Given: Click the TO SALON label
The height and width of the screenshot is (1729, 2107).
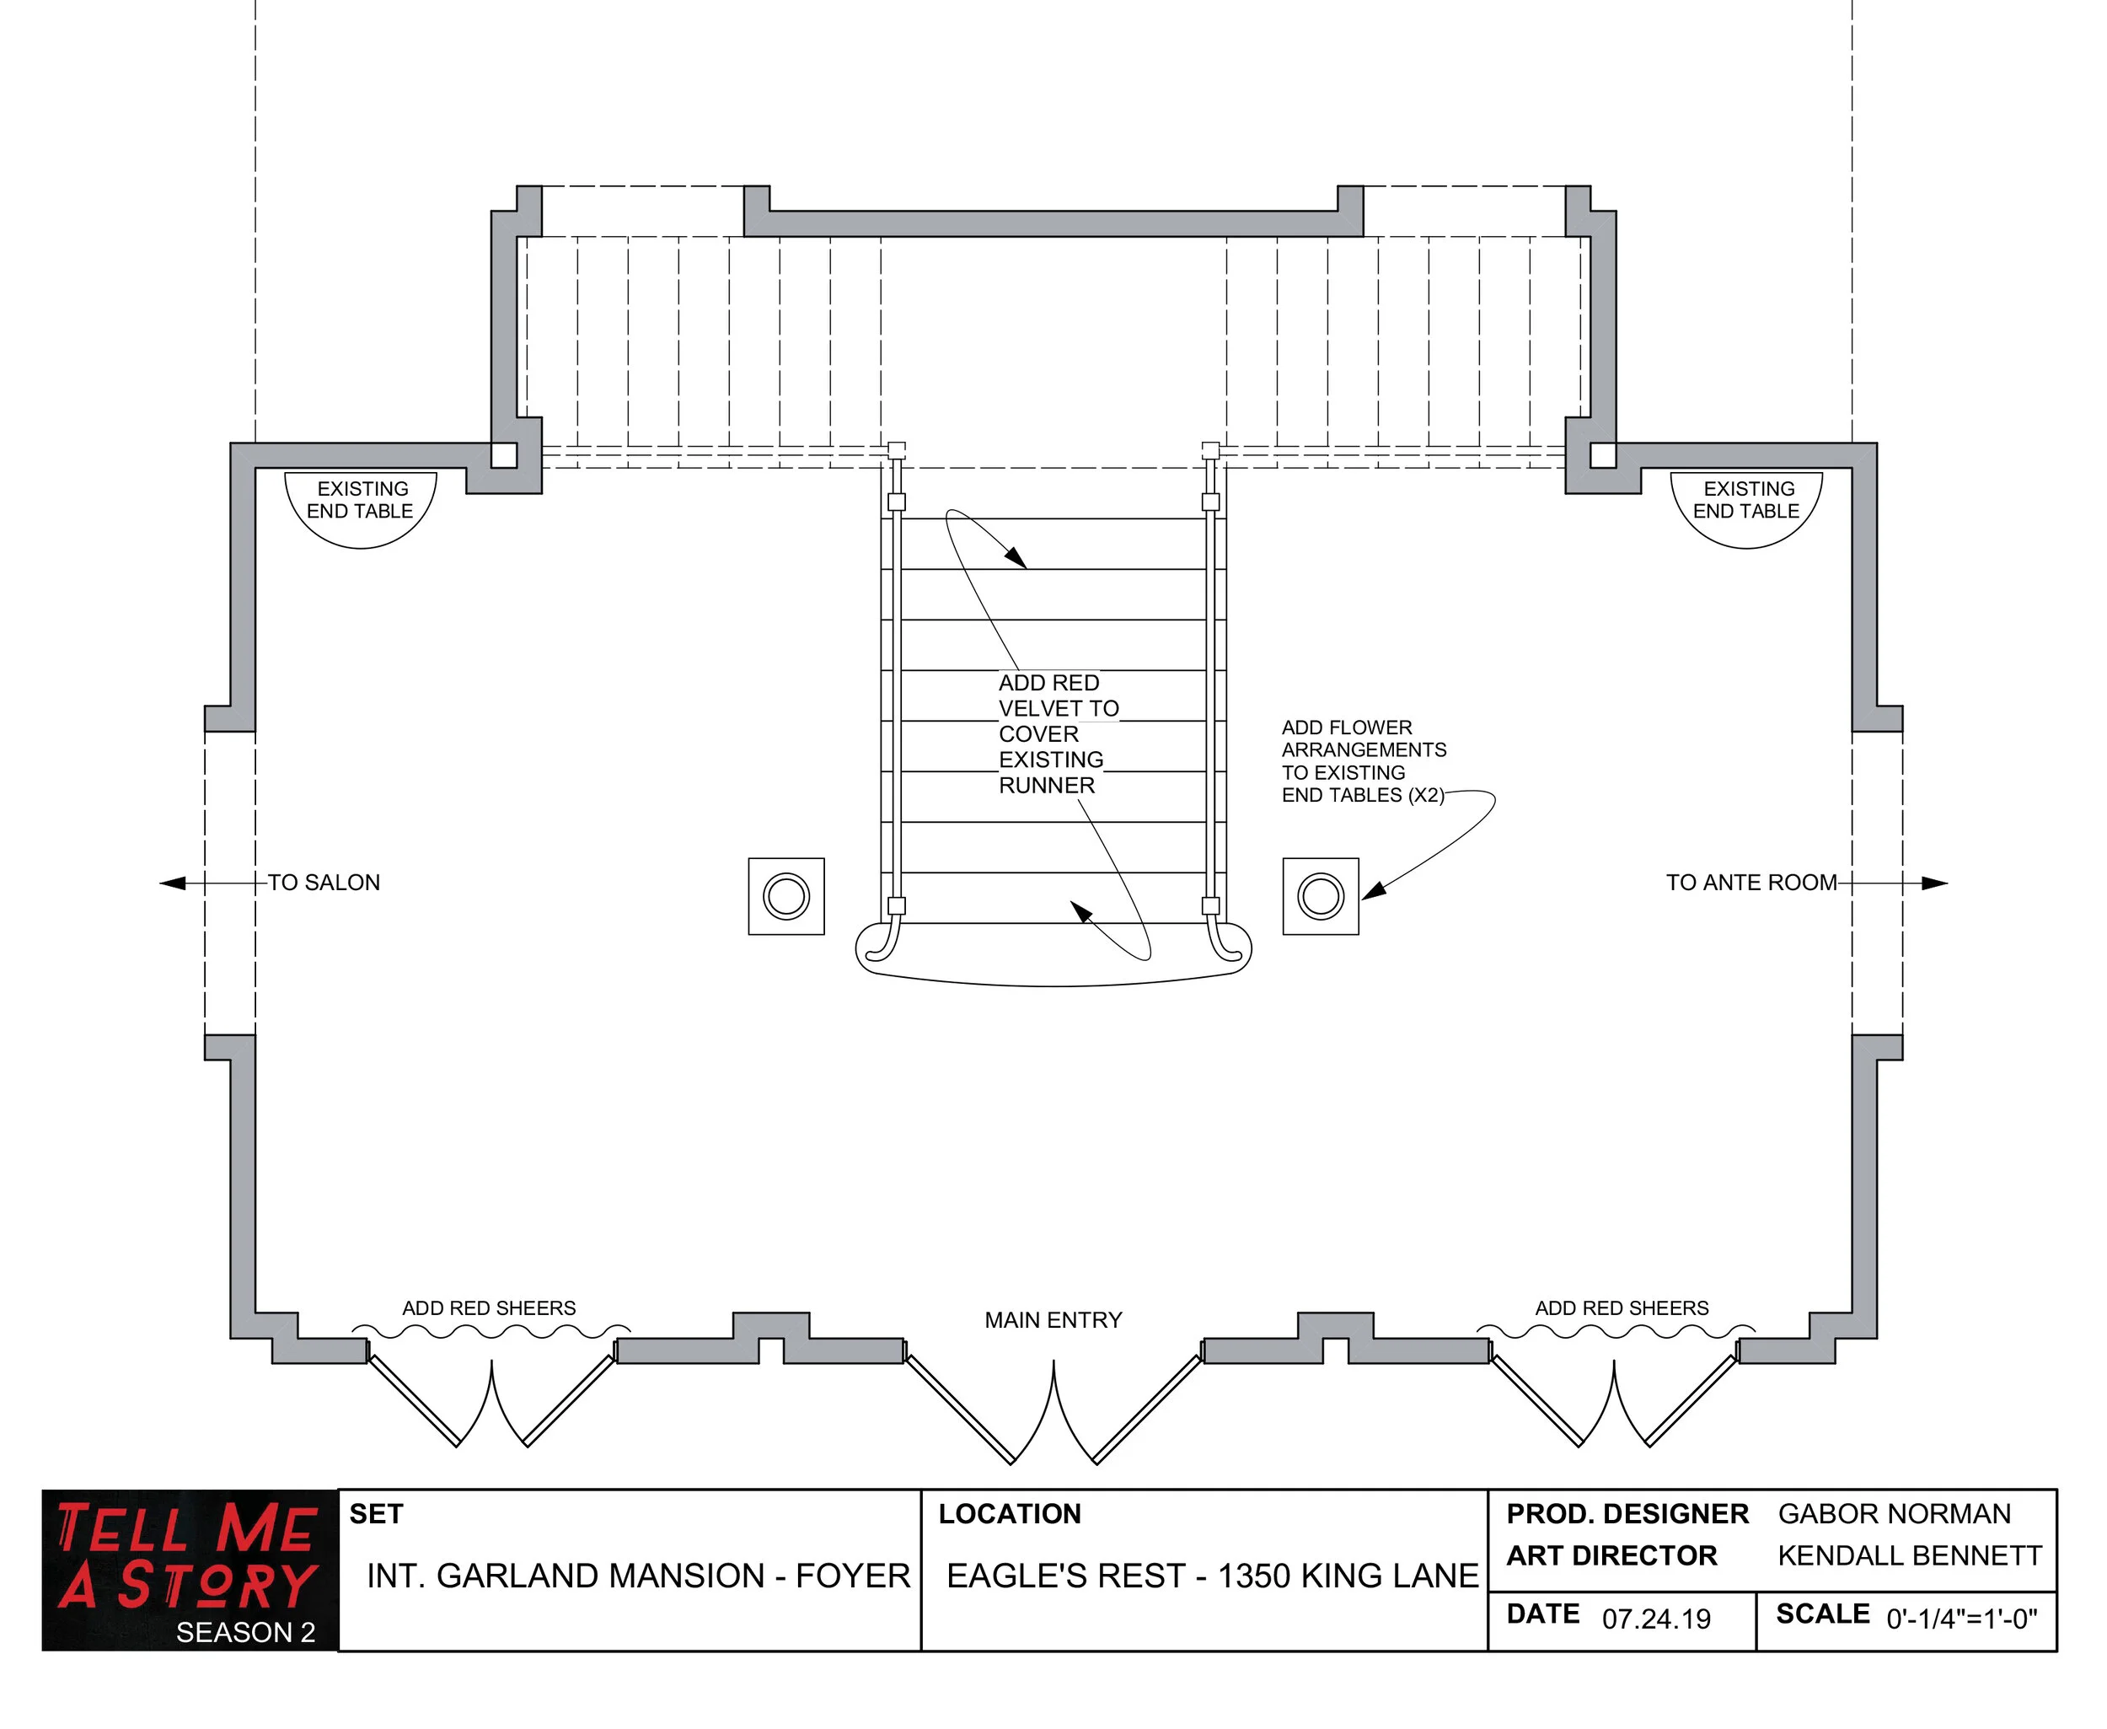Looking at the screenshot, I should point(324,883).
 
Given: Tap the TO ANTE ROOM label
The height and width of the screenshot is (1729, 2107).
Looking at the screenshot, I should point(1750,883).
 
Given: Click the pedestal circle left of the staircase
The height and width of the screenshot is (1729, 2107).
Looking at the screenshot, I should point(785,895).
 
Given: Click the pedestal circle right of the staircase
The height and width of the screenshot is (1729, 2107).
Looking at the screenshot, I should point(1321,895).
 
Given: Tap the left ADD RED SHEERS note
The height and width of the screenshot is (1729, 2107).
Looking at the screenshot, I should point(489,1307).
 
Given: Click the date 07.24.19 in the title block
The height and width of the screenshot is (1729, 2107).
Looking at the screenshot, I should point(1656,1619).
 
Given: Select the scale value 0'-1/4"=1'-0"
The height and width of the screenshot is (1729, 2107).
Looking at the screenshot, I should point(1960,1619).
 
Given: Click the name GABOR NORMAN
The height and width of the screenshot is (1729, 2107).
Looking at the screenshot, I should point(1894,1514).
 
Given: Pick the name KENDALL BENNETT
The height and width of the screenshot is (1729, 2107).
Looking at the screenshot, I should point(1909,1555).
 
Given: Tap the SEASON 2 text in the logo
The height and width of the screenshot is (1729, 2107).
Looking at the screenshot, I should point(245,1632).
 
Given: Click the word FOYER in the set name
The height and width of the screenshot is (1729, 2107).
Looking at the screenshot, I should point(852,1576).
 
